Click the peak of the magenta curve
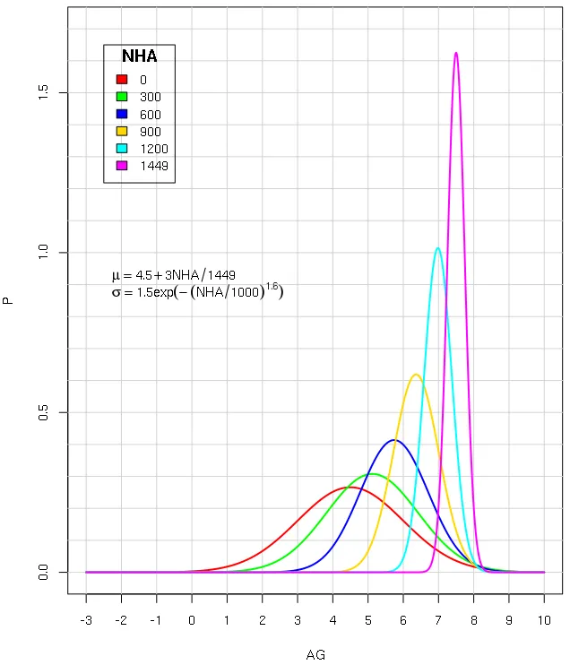click(x=456, y=53)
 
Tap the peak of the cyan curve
click(x=437, y=248)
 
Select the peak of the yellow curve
click(x=416, y=375)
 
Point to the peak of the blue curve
click(x=394, y=440)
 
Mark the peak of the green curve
click(x=373, y=474)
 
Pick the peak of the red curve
click(x=350, y=488)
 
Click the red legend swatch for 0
click(x=123, y=79)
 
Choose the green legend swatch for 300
click(x=123, y=96)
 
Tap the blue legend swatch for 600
click(x=123, y=114)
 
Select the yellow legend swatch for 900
click(x=123, y=131)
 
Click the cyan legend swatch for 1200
click(x=123, y=148)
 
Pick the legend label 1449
click(x=154, y=166)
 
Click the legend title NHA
click(x=139, y=56)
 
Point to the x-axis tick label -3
click(x=85, y=620)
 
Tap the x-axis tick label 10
click(x=544, y=620)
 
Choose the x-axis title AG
click(x=315, y=655)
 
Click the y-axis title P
click(x=9, y=301)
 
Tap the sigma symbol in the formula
click(x=116, y=293)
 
